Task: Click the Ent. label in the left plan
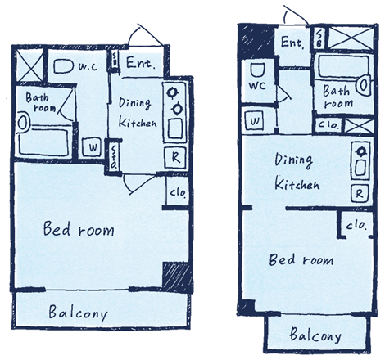140,63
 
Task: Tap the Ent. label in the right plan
292,43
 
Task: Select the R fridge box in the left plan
175,157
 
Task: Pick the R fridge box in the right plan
360,193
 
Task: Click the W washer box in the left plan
92,147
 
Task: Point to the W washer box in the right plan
254,120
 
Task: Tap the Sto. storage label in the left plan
113,157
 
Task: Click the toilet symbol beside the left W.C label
63,66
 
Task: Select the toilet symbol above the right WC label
257,70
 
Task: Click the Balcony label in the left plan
79,313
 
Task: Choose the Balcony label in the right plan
315,335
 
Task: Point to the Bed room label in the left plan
79,228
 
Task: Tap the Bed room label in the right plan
301,259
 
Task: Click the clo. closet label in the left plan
178,192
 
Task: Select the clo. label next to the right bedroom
356,225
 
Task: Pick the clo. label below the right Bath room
328,124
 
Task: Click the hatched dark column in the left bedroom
176,275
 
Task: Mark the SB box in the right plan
319,38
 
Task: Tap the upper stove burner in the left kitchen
172,92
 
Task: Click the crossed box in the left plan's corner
30,65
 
